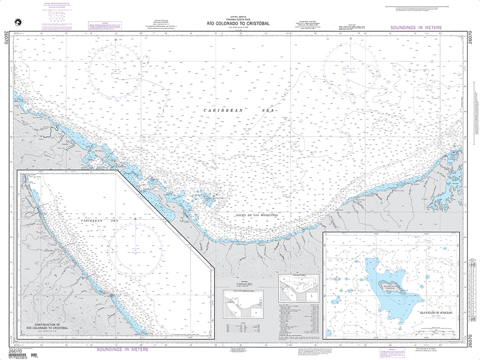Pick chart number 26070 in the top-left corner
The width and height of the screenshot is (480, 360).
(x=5, y=37)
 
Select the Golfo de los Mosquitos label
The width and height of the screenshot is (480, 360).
(x=257, y=216)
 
